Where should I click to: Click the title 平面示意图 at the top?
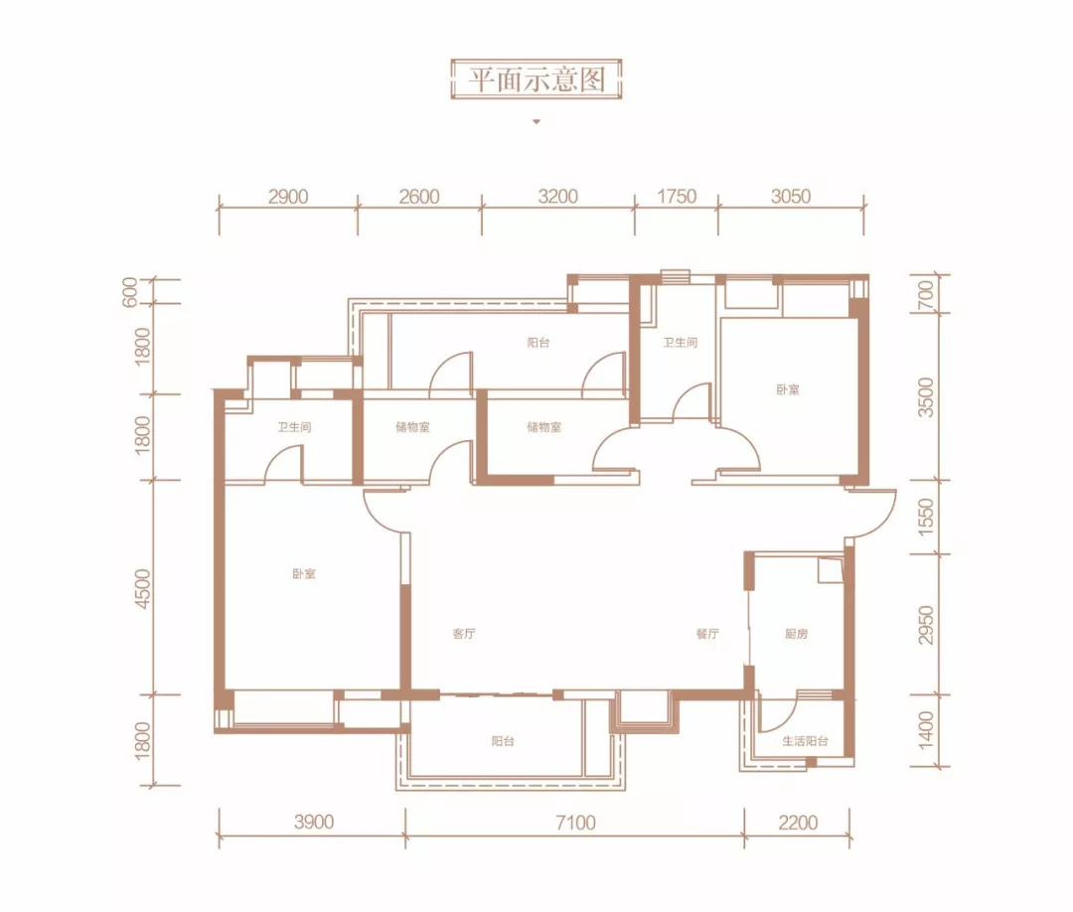pos(536,80)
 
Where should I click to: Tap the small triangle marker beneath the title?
pos(536,122)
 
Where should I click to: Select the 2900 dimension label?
pos(288,197)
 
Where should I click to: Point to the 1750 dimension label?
pos(677,197)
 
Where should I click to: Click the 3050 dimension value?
pos(791,197)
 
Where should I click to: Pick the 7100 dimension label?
pos(575,823)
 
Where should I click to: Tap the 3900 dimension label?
pos(314,822)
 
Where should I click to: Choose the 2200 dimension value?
pos(798,823)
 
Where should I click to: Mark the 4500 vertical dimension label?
pos(142,588)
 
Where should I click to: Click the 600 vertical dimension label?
pos(130,292)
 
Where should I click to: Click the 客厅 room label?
pos(464,634)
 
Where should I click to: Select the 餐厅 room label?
pos(707,634)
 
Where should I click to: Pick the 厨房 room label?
pos(797,634)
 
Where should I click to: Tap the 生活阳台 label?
pos(806,741)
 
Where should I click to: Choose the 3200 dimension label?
pos(558,197)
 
